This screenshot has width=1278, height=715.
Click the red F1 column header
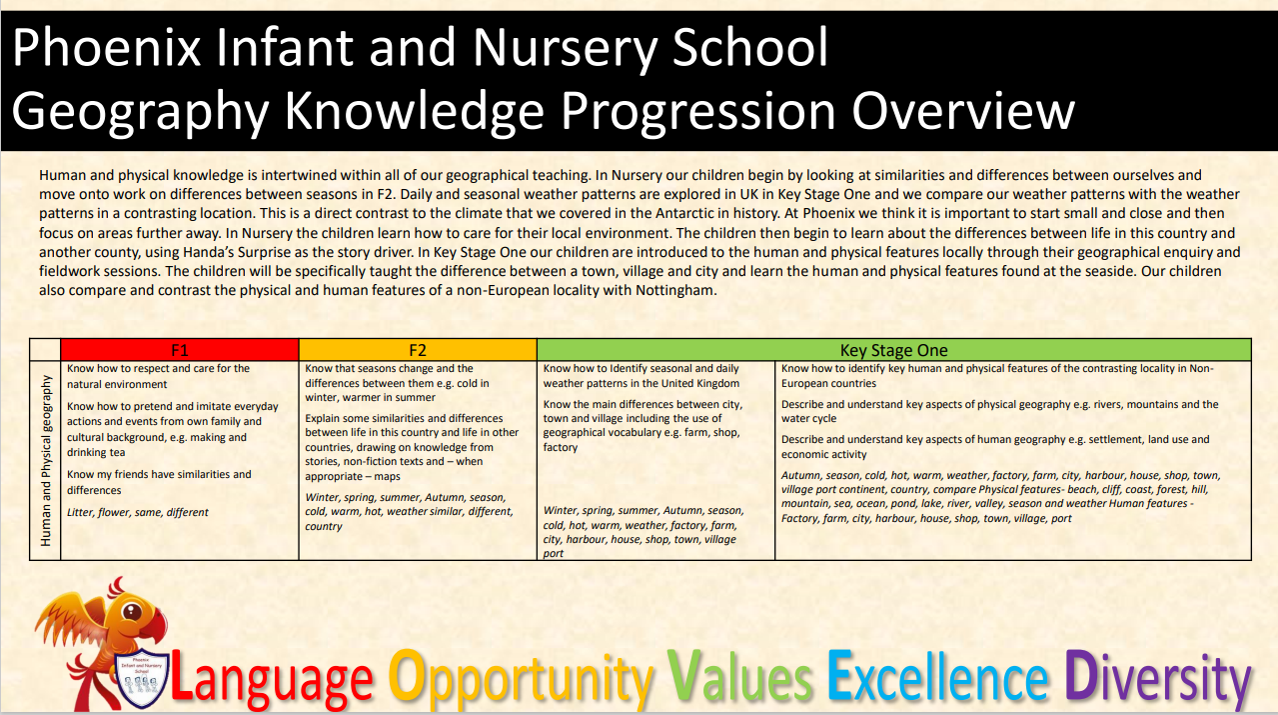pos(180,350)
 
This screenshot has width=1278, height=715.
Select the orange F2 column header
pos(418,350)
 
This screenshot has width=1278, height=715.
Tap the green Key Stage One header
pos(894,350)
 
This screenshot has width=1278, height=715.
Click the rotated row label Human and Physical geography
pos(46,460)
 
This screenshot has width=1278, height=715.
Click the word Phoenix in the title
pos(106,48)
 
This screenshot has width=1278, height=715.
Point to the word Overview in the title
pos(963,112)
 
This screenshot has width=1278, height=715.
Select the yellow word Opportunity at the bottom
pos(521,680)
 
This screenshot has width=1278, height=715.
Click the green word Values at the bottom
pos(740,677)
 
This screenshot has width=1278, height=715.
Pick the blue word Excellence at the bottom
pos(937,677)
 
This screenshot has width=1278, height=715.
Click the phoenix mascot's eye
pos(132,612)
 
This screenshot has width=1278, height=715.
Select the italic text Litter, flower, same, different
pos(138,512)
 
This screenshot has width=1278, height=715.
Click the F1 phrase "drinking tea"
pos(96,452)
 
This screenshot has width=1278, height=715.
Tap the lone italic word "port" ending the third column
pos(554,553)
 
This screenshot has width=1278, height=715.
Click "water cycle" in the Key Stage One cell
pos(809,419)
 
